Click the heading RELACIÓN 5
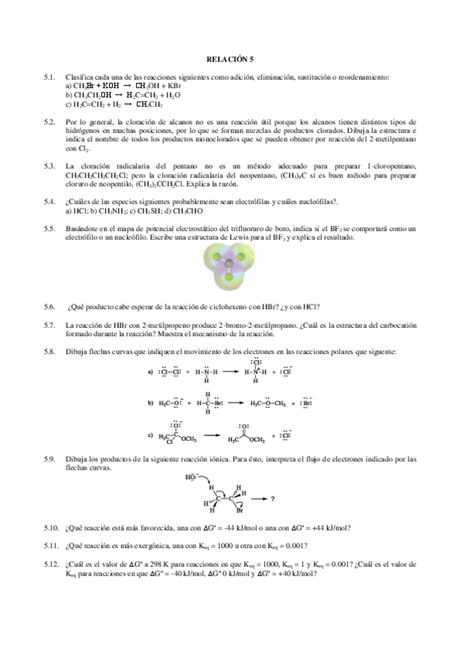click(230, 58)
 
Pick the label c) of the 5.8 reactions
click(151, 435)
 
